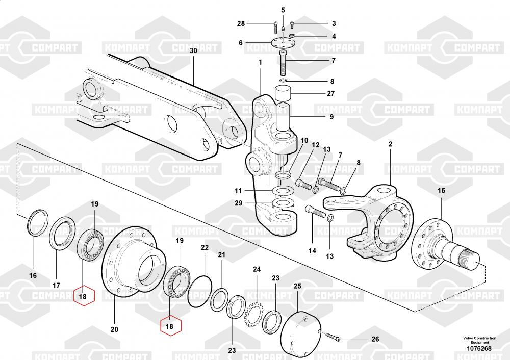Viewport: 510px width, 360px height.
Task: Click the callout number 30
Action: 193,51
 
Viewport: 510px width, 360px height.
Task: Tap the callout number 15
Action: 441,190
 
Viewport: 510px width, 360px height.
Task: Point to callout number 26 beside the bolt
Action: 375,339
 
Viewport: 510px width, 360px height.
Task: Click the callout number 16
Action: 33,275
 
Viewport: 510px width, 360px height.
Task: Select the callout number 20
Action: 114,329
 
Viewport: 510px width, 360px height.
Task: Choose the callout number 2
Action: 390,144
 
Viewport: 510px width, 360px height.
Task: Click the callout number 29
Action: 238,203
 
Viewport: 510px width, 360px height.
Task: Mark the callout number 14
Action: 312,250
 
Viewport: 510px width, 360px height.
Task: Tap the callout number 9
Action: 331,117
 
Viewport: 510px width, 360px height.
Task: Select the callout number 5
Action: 283,10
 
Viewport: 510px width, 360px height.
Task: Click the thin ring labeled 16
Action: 38,222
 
